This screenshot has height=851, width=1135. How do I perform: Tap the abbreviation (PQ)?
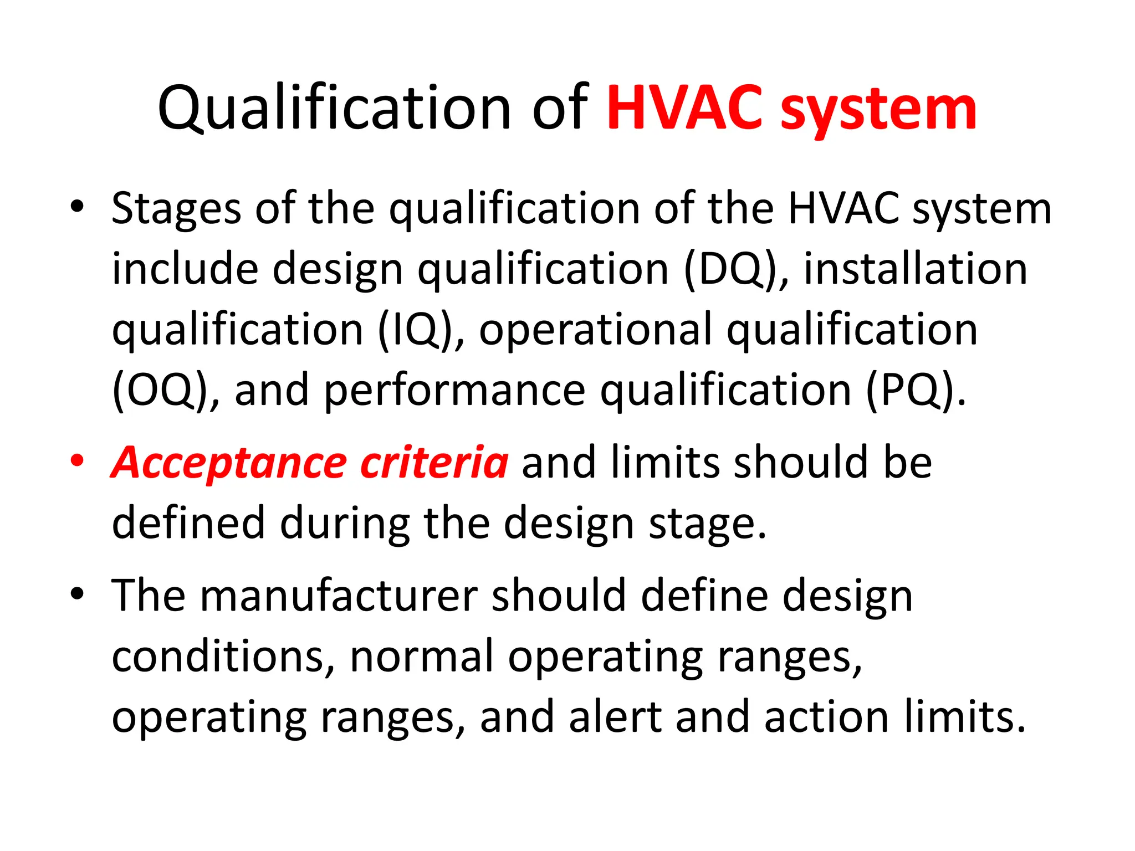(915, 391)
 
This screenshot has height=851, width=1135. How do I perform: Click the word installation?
(916, 270)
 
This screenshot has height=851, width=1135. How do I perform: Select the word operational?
(596, 331)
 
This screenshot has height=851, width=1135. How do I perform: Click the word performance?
(454, 391)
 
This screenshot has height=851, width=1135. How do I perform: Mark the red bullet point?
(77, 461)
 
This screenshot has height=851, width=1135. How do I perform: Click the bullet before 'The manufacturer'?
(77, 594)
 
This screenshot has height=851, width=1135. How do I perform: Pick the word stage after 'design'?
(707, 524)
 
